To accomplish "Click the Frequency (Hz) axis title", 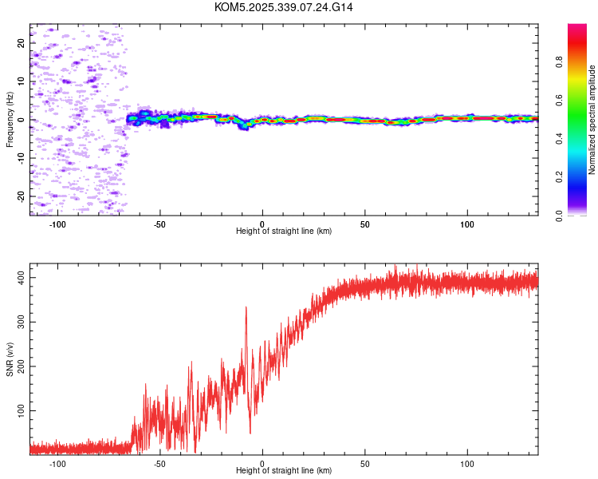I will click(x=10, y=120).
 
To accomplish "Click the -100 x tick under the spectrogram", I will click(x=57, y=223).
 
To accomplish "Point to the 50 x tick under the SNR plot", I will click(x=364, y=463).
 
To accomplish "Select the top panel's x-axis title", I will click(x=284, y=231).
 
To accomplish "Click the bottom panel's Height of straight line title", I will click(x=284, y=471).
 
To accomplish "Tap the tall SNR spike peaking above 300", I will click(x=246, y=308).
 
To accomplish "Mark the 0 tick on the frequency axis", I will click(x=22, y=120).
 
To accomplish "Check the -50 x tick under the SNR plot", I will click(x=159, y=463).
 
